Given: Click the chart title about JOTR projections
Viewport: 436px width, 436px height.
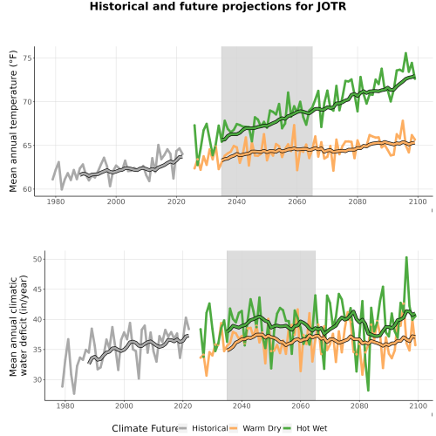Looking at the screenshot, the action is [x=218, y=6].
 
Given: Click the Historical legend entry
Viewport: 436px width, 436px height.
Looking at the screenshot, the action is [x=203, y=428].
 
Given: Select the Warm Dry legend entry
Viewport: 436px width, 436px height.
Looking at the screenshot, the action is [x=255, y=428].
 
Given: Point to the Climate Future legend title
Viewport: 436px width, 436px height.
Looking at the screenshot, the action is [x=145, y=428].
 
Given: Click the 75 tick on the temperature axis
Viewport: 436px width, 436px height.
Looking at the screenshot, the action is [x=27, y=58].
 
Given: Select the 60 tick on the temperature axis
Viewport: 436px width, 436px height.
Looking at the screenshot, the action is [x=27, y=189].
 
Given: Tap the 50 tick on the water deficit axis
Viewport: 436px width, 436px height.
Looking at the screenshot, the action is [x=37, y=259].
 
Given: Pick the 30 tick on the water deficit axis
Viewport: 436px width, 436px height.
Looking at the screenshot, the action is [x=37, y=379].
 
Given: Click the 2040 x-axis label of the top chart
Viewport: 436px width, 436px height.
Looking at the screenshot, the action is [x=236, y=201].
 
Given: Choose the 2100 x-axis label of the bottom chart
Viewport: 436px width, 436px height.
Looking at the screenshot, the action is [x=418, y=405].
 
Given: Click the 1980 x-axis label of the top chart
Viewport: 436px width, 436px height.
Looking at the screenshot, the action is [x=56, y=201].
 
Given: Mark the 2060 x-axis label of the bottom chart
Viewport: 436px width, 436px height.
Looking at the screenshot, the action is [x=301, y=405].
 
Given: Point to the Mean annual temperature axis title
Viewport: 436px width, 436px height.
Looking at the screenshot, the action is [x=13, y=121].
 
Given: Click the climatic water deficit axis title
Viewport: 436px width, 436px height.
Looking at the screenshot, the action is [x=18, y=325].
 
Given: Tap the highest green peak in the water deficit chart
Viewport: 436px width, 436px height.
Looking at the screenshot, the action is [x=406, y=257].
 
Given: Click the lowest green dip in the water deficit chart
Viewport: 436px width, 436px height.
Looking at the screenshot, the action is [x=368, y=391].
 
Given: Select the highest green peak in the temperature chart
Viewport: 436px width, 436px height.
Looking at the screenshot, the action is [x=405, y=53].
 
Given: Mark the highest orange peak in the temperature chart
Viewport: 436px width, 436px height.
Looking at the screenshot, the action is [x=403, y=120].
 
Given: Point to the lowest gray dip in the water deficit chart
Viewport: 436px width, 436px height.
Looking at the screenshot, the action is [x=74, y=393].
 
